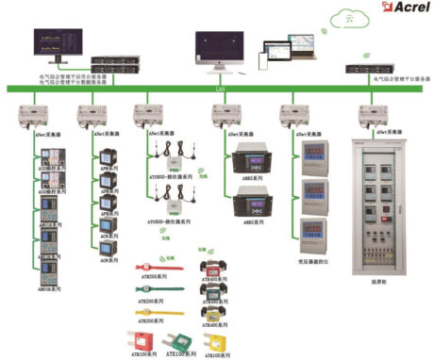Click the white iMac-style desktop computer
pyautogui.click(x=219, y=49)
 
